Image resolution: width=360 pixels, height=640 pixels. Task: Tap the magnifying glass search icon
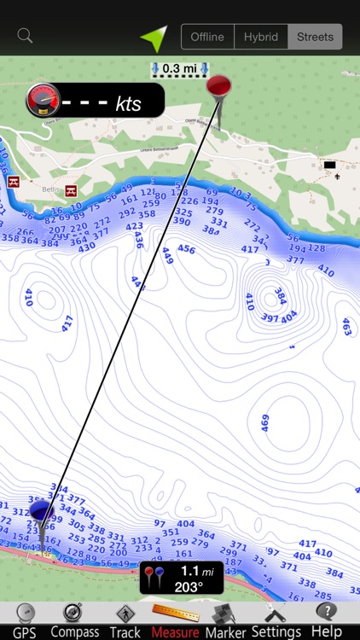[25, 36]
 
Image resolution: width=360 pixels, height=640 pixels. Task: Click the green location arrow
[154, 38]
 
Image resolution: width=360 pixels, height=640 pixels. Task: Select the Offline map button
[207, 37]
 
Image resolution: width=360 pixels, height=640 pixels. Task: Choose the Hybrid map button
[260, 37]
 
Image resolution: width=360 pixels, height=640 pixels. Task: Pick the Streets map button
[315, 37]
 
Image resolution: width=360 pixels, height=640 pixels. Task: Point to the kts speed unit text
[128, 105]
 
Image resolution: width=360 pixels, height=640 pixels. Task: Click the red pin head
[219, 85]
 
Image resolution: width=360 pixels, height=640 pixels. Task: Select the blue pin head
[41, 512]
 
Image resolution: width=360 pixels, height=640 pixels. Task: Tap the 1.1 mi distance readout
[195, 571]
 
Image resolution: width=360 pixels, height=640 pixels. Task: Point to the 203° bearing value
[189, 586]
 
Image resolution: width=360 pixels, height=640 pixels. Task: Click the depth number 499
[264, 423]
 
